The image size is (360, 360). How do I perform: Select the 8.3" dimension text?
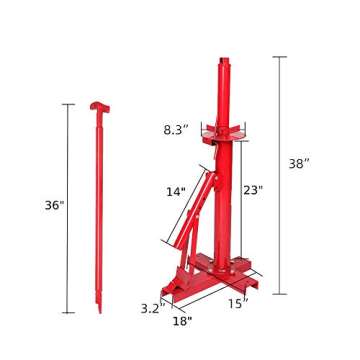click(177, 127)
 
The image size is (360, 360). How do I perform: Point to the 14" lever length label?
click(176, 190)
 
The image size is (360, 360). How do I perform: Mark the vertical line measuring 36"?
click(68, 205)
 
